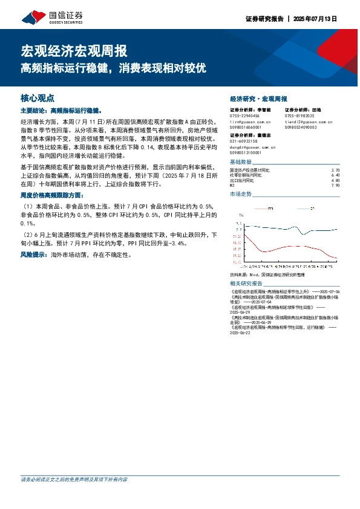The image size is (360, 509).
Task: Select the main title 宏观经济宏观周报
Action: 74,50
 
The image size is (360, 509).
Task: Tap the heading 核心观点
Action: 38,97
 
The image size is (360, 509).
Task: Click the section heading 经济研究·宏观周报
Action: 258,98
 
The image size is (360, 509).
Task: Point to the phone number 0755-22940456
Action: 244,115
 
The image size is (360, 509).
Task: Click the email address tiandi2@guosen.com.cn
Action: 309,122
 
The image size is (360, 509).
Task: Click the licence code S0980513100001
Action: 246,152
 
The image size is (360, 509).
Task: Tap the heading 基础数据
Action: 241,163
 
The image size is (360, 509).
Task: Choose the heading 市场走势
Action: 241,194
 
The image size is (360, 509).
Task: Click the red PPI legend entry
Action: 267,208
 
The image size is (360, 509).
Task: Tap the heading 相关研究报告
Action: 246,284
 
